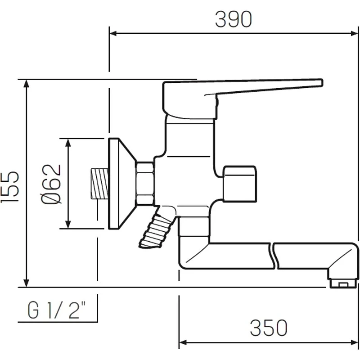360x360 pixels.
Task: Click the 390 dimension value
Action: click(234, 19)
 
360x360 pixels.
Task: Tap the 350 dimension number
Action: click(269, 328)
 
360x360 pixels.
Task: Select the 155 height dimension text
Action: click(9, 187)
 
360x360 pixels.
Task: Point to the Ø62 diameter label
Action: click(51, 184)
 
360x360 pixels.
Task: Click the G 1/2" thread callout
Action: click(57, 310)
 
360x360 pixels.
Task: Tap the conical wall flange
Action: click(122, 184)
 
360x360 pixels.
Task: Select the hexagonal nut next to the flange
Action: click(145, 183)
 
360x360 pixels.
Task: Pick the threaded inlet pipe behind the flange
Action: click(99, 184)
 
